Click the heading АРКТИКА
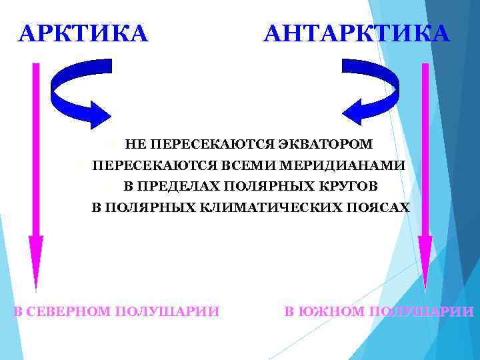point(83,33)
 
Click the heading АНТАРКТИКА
point(357,33)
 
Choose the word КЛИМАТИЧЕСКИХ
point(267,207)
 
